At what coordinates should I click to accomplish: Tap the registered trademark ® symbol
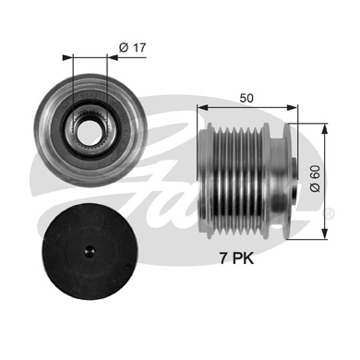[328, 213]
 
